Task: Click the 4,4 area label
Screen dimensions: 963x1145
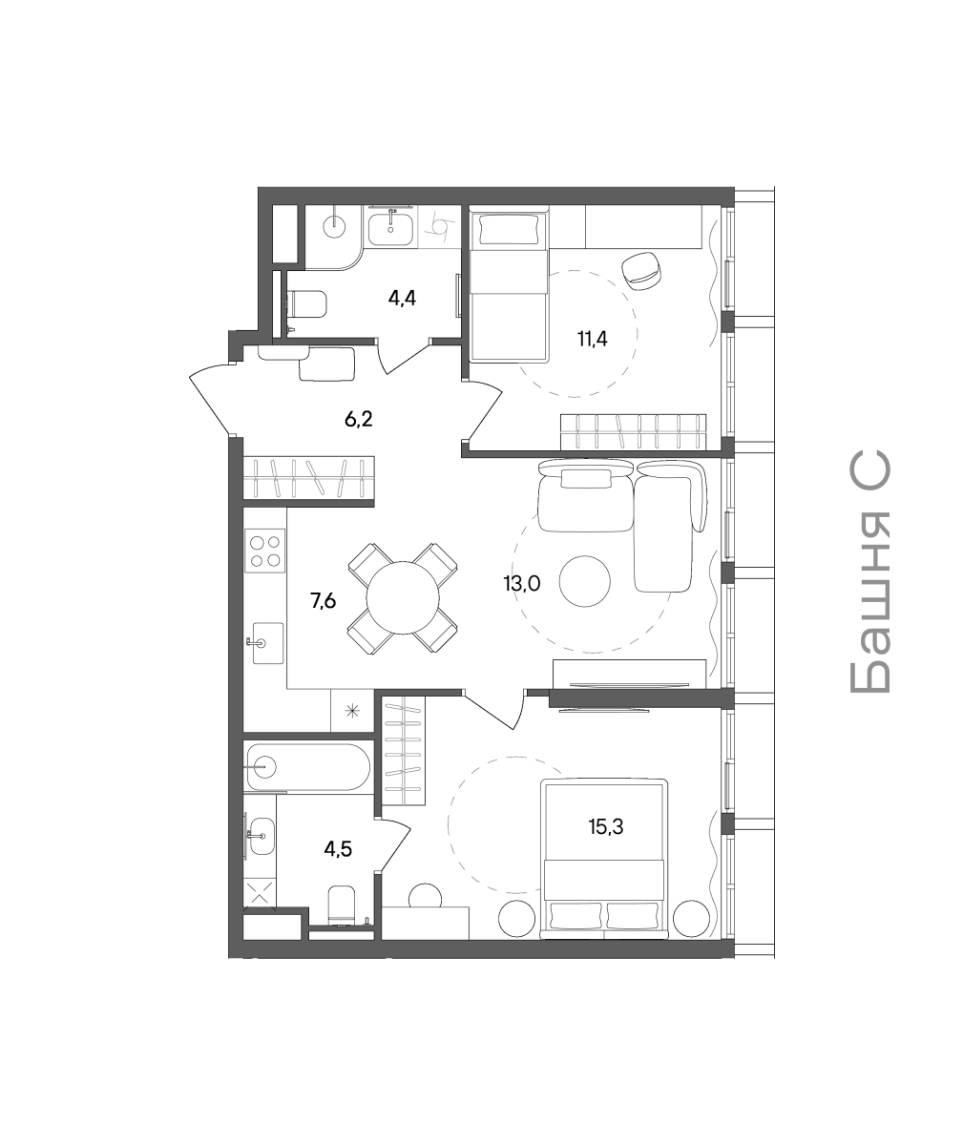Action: click(x=402, y=299)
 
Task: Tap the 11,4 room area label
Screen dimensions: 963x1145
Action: click(x=593, y=340)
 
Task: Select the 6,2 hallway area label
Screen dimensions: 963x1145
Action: click(x=359, y=420)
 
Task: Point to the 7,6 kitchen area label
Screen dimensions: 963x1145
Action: click(x=323, y=601)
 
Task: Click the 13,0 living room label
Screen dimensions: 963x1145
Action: click(x=522, y=584)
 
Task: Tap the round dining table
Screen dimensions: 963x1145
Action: click(x=403, y=597)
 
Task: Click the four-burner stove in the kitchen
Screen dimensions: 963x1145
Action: click(x=265, y=552)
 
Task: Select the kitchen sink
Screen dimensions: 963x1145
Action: click(x=265, y=643)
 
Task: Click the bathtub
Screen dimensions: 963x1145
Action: click(x=308, y=766)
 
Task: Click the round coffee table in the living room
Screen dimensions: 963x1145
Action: click(x=585, y=581)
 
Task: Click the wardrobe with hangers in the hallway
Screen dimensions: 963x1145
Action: click(x=310, y=478)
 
